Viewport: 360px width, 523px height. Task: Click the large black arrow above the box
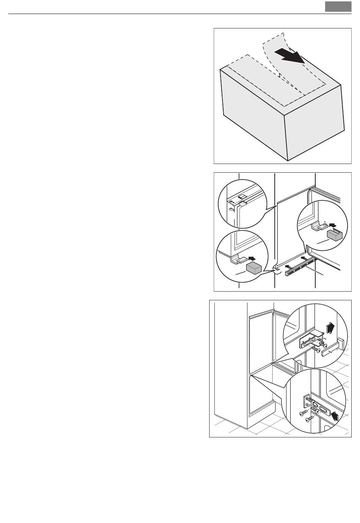[290, 56]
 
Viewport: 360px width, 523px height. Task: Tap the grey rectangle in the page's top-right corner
[338, 7]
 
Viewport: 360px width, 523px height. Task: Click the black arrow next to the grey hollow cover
[332, 225]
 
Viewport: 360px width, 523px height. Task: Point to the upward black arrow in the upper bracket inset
[330, 326]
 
